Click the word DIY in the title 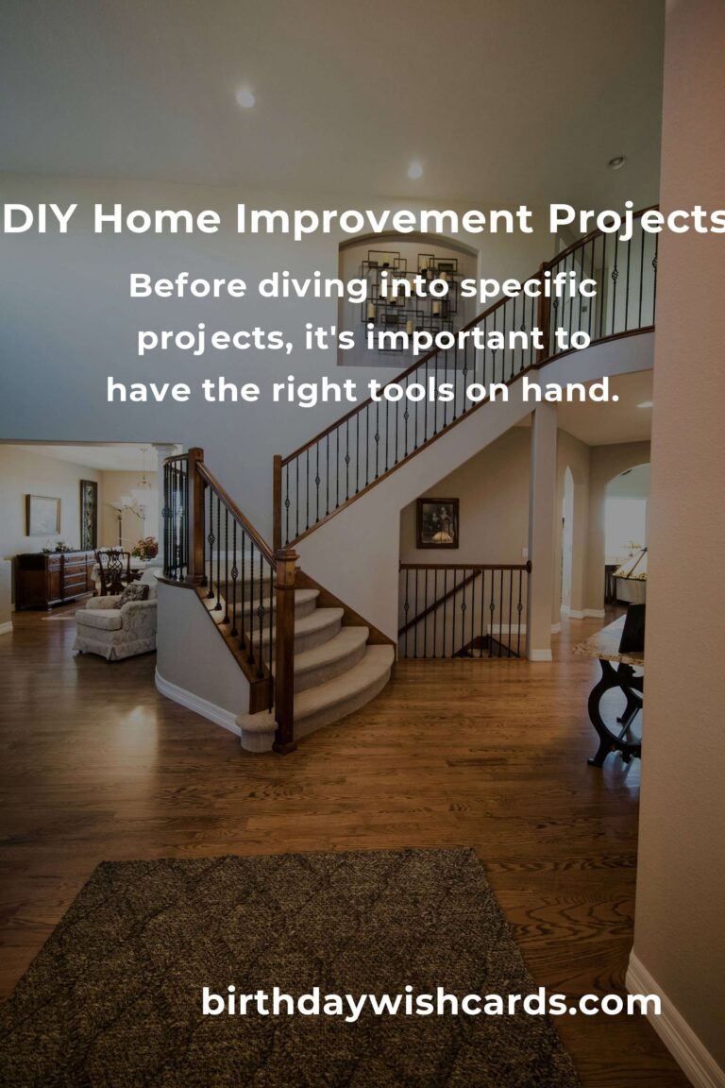coord(39,218)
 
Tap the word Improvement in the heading coord(384,218)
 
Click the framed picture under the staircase coord(437,522)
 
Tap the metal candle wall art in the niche coord(409,292)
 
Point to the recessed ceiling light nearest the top coord(244,97)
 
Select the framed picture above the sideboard coord(43,515)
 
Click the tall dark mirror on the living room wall coord(89,515)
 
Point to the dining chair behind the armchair coord(113,570)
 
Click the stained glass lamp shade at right coord(632,566)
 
